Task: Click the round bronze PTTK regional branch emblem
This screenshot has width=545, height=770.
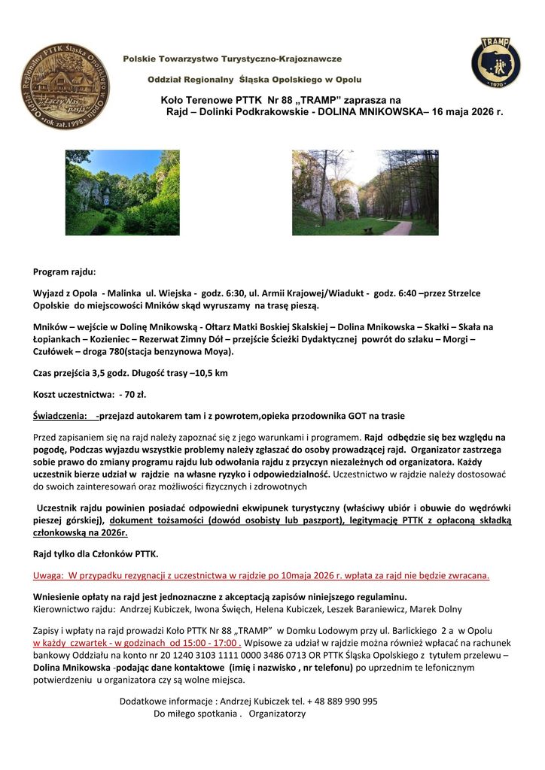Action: (65, 86)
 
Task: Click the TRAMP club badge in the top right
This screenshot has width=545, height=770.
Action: (495, 62)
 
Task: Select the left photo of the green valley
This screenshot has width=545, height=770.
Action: (122, 192)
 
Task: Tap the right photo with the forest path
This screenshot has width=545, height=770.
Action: (364, 192)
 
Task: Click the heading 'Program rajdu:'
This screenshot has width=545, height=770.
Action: (64, 271)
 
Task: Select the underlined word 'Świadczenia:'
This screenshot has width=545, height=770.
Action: (59, 416)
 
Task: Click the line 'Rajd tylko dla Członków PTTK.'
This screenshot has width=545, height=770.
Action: (96, 554)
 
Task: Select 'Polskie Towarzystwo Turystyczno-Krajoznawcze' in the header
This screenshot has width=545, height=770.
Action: (233, 58)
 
